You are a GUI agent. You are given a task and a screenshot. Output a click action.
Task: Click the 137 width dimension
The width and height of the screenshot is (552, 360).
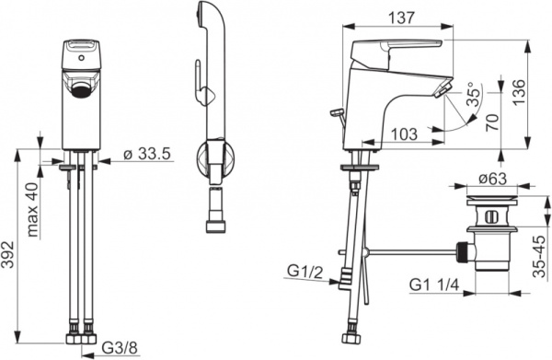[402, 17]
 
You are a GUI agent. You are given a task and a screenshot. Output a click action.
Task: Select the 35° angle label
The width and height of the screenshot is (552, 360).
[474, 95]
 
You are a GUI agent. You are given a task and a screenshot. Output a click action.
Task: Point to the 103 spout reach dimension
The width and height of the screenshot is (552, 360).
[405, 134]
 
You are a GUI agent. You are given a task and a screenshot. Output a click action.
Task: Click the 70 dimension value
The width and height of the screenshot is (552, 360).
[493, 122]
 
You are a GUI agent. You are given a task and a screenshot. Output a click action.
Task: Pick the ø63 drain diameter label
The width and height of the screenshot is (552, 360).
[492, 179]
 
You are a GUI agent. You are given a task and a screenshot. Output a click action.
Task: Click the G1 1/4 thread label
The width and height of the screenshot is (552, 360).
[434, 285]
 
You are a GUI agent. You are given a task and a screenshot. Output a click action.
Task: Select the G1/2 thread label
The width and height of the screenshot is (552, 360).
[305, 272]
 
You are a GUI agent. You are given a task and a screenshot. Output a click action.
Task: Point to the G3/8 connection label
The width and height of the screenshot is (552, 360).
[120, 348]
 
